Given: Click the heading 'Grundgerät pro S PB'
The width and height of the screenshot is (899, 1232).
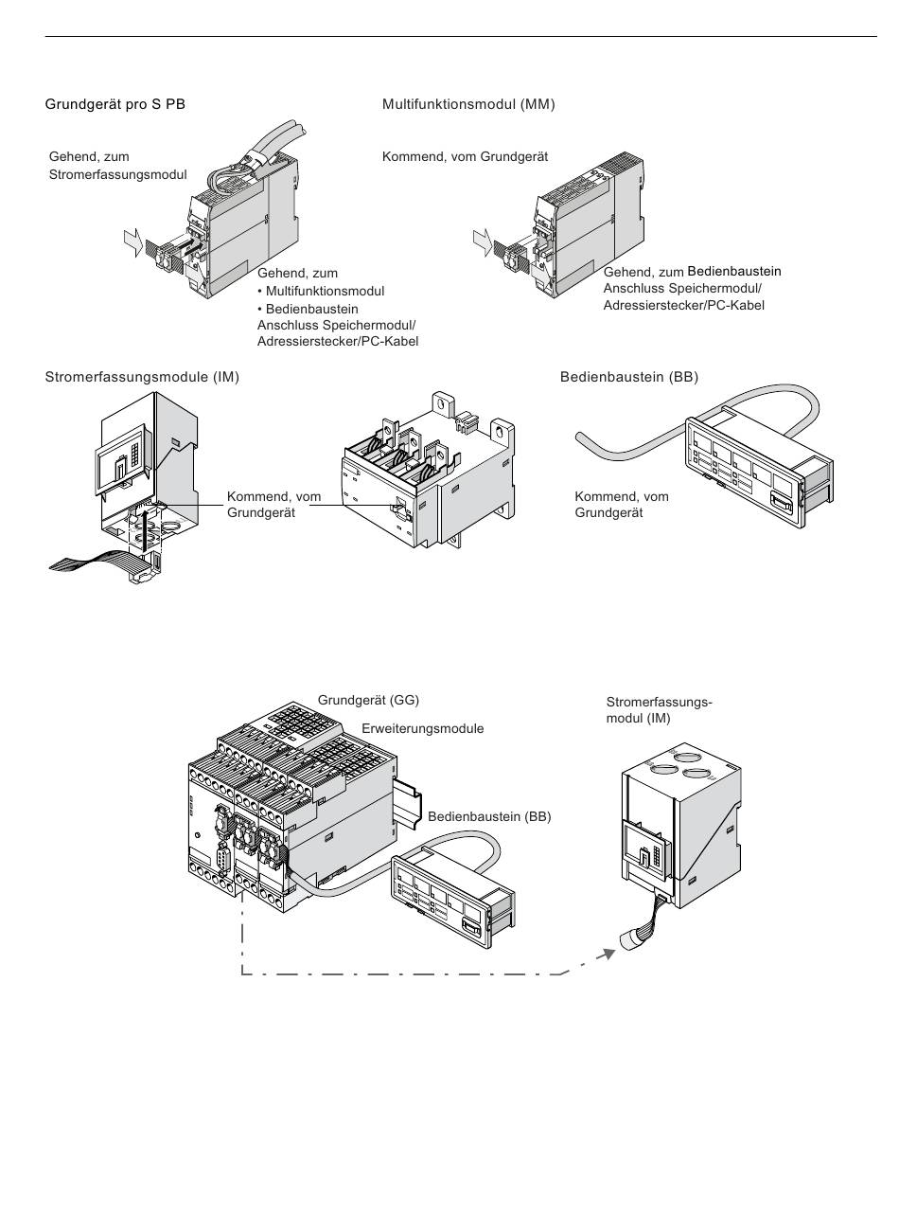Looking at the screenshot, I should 115,104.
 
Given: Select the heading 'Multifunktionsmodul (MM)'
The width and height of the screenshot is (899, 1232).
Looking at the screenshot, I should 468,104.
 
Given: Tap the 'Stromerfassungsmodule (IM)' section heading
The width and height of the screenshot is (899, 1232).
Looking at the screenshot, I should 142,377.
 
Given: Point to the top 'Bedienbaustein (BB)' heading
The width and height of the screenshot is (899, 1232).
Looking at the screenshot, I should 628,377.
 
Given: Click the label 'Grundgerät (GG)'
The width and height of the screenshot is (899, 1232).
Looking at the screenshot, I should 368,701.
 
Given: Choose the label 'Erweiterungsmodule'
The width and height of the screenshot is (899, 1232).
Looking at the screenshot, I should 422,729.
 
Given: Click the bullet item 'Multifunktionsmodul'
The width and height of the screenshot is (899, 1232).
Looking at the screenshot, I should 325,291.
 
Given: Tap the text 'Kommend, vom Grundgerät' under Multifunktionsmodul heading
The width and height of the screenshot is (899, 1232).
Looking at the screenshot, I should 465,156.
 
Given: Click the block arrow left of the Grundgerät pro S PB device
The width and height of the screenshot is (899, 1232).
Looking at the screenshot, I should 133,242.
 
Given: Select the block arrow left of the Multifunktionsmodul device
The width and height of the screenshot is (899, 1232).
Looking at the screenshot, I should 483,242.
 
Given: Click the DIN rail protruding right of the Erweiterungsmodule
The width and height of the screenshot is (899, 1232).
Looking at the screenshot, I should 410,790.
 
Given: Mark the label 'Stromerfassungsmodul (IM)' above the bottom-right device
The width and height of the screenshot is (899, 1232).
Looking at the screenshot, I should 659,709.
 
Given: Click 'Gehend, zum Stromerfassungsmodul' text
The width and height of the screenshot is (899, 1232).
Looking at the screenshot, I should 117,166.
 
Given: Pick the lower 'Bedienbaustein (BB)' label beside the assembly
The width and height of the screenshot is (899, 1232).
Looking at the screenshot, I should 488,816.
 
